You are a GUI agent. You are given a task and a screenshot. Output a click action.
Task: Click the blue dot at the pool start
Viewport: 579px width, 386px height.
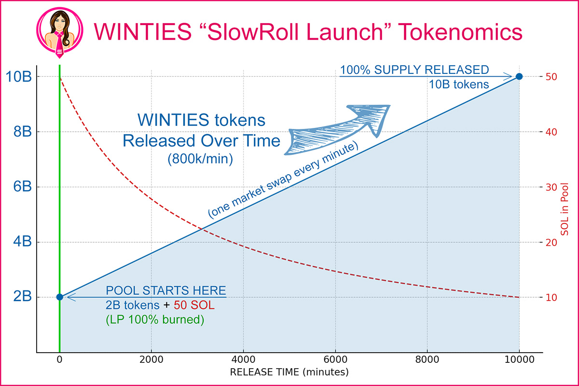pos(59,297)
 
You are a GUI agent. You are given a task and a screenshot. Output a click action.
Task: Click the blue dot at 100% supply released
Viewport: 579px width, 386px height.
pos(519,76)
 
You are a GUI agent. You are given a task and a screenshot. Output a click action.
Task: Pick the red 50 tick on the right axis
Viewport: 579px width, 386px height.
pos(552,77)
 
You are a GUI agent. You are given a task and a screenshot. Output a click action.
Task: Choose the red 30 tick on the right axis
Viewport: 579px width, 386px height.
pos(552,187)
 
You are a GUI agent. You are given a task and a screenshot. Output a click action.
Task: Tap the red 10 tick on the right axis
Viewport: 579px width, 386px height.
pos(552,297)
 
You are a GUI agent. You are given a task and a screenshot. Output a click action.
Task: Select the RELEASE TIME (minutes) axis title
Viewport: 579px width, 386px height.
pos(289,372)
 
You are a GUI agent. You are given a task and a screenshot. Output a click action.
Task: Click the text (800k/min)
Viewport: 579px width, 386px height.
pos(200,160)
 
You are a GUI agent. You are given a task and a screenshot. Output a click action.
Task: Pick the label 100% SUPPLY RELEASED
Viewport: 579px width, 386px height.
pos(414,70)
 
